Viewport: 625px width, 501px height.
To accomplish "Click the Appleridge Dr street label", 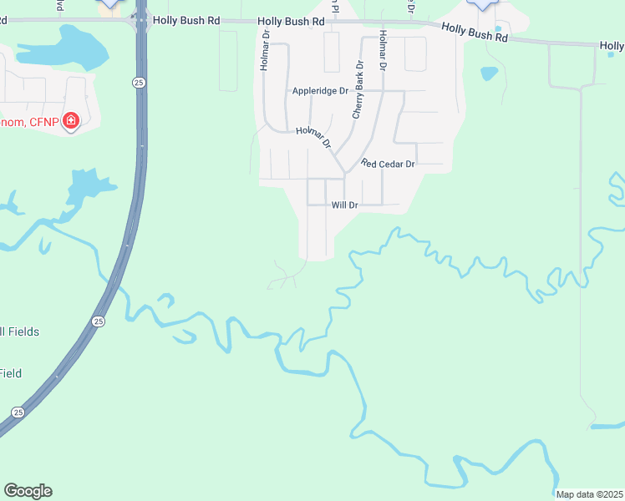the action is (x=319, y=91).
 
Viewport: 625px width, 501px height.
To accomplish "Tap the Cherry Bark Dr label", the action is (x=358, y=89).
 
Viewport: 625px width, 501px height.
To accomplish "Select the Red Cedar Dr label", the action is (x=388, y=164).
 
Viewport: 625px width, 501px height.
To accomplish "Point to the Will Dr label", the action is (x=344, y=205).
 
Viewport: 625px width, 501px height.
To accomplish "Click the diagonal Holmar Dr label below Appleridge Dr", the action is (x=313, y=136).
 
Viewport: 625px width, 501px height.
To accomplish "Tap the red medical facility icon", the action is (x=71, y=121).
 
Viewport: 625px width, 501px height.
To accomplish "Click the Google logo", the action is (x=28, y=491).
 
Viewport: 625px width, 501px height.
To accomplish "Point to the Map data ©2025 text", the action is (x=589, y=494).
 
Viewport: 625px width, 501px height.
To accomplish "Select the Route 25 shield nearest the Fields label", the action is (x=99, y=321).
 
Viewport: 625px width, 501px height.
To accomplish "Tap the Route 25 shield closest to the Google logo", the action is (x=18, y=412).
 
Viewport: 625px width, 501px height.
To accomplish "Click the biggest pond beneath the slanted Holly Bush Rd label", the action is (x=489, y=73).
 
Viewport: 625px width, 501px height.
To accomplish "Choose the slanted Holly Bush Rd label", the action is (x=475, y=33).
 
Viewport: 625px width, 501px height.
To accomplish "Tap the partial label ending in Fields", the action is (x=19, y=331).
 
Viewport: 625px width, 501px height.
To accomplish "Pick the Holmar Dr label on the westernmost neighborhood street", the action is (x=264, y=53).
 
